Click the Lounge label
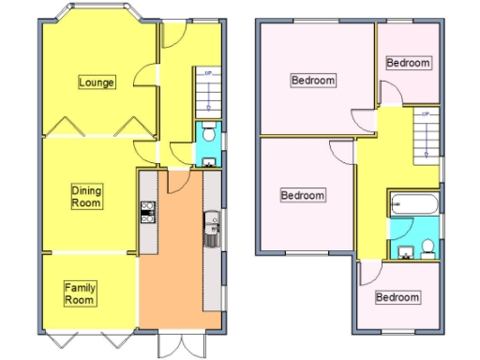click(x=97, y=82)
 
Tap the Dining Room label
click(x=86, y=196)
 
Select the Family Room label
click(x=80, y=293)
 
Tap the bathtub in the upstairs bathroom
click(x=413, y=203)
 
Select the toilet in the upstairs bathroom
click(x=427, y=247)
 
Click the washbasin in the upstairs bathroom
click(x=405, y=249)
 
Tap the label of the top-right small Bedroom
click(x=409, y=64)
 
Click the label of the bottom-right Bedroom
click(x=397, y=297)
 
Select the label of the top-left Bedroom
click(x=312, y=81)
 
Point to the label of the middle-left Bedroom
click(x=303, y=195)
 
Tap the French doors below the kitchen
click(x=179, y=341)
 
